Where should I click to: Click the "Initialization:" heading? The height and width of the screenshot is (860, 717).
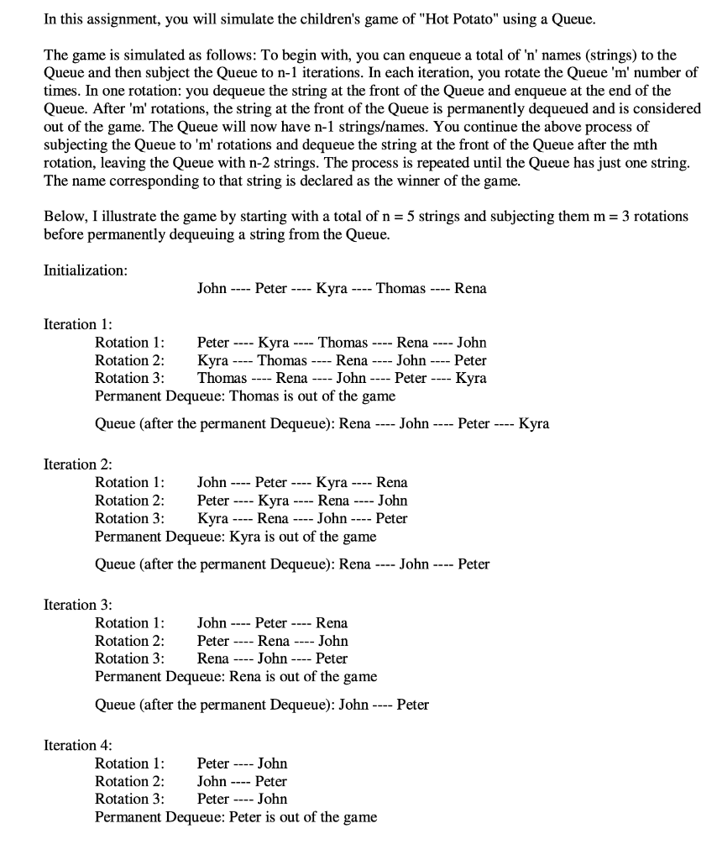click(86, 270)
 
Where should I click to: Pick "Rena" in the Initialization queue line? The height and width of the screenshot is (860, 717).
click(470, 289)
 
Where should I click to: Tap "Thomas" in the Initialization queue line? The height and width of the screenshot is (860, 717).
click(400, 289)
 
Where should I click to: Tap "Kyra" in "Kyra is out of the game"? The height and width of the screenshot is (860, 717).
click(244, 536)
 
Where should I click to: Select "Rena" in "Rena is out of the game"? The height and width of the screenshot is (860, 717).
click(245, 676)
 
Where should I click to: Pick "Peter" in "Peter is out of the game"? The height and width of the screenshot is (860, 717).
click(246, 817)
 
